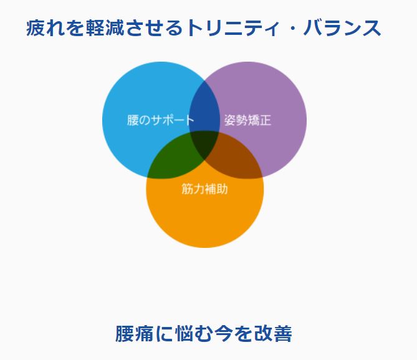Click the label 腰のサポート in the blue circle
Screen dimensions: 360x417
coord(160,120)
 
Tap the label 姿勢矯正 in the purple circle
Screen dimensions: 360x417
coord(247,120)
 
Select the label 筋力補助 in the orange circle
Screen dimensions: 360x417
coord(204,189)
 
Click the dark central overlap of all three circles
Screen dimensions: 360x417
coord(204,144)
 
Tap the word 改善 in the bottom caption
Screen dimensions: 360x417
coord(273,334)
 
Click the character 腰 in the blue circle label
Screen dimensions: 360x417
coord(132,120)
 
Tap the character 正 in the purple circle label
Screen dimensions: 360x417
coord(265,120)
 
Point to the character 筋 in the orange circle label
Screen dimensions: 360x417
coord(188,189)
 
